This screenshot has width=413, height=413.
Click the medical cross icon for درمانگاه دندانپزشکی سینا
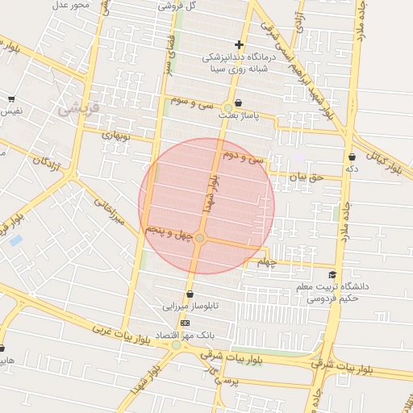click(x=239, y=44)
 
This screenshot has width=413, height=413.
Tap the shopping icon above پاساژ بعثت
click(x=239, y=103)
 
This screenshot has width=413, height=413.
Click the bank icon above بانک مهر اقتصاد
click(x=185, y=322)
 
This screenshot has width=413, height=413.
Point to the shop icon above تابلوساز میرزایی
click(x=190, y=294)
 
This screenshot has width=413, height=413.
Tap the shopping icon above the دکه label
click(x=352, y=156)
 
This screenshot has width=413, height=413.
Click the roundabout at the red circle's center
click(x=200, y=238)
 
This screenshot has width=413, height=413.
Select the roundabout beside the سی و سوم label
click(x=229, y=108)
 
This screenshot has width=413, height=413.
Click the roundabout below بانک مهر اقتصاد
click(x=176, y=345)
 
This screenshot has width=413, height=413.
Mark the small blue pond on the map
click(x=15, y=240)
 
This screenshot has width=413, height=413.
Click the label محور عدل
click(x=71, y=5)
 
